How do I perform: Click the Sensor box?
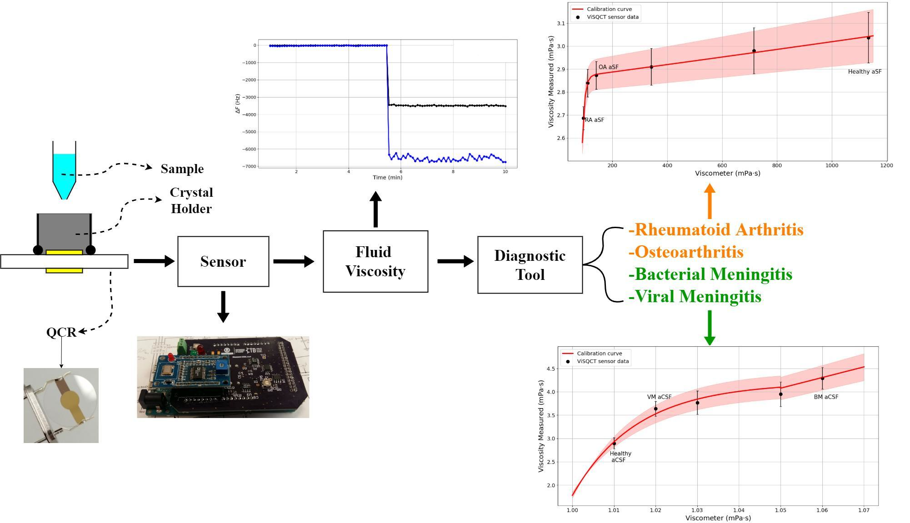[x=223, y=261]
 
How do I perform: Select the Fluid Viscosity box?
[x=375, y=261]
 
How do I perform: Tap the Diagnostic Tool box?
[x=530, y=265]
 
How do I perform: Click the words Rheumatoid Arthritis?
[x=716, y=230]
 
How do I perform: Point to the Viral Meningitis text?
[x=695, y=297]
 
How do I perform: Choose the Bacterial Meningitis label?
[x=711, y=274]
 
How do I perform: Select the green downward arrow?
[x=710, y=328]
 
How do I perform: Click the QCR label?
[x=61, y=332]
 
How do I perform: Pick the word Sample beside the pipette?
[x=182, y=169]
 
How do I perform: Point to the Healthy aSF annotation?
[x=865, y=72]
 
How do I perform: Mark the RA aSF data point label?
[x=595, y=120]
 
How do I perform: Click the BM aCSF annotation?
[x=826, y=397]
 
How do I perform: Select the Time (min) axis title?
[x=387, y=177]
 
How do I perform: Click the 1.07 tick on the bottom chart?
[x=864, y=510]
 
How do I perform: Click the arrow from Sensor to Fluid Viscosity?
[x=294, y=261]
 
